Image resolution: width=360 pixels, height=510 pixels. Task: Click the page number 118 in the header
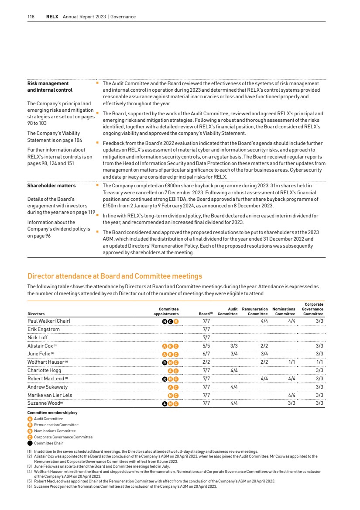coord(31,17)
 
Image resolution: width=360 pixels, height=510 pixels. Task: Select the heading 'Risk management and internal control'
coord(48,87)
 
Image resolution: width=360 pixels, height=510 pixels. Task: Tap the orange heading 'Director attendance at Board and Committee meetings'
coord(115,276)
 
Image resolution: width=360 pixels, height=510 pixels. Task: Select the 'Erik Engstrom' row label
coord(44,329)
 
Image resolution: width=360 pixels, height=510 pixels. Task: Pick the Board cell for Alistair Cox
coord(207,346)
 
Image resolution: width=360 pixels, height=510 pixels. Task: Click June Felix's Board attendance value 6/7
coord(207,354)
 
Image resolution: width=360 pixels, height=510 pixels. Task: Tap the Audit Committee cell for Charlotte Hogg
coord(234,370)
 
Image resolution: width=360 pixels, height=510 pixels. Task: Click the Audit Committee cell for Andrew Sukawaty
coord(234,386)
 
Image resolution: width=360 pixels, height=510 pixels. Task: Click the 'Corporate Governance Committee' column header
coord(313,309)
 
